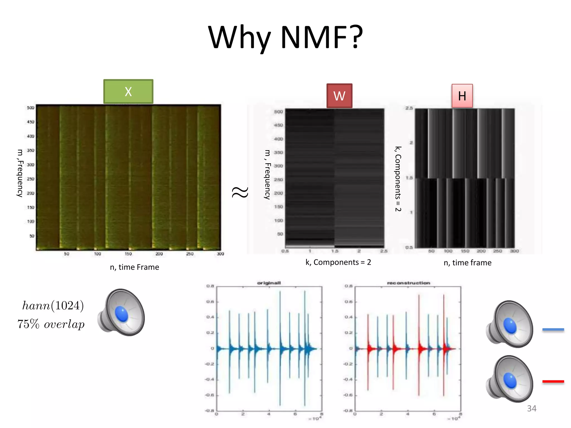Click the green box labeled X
point(128,92)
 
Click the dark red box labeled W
point(339,96)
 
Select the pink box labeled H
point(462,96)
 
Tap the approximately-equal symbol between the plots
point(240,192)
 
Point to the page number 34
point(531,408)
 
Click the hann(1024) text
point(53,306)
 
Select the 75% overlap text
point(51,324)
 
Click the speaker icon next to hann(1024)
point(122,312)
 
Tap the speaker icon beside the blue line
point(510,324)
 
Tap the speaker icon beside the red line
point(510,379)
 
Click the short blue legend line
point(553,330)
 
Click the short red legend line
point(553,381)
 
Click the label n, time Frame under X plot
point(134,267)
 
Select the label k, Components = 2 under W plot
point(338,262)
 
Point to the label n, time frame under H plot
point(468,262)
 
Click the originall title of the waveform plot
point(269,283)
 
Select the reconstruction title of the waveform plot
point(408,283)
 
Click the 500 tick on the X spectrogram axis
point(31,108)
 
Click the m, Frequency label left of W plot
point(267,174)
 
